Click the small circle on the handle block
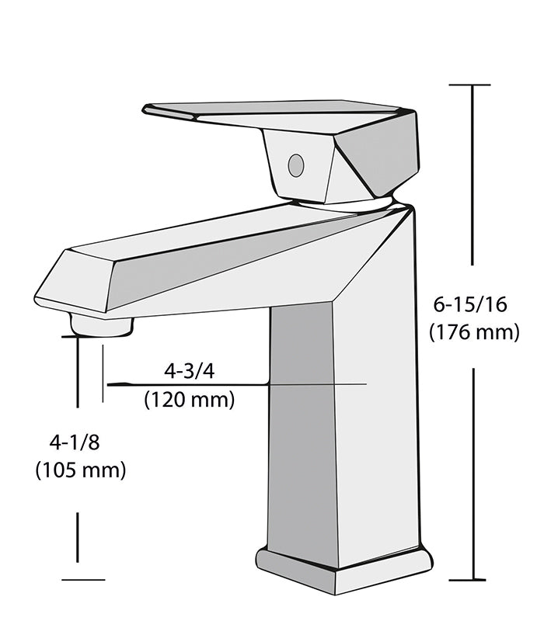pos(295,165)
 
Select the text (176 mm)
pos(474,332)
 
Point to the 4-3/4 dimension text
pos(189,371)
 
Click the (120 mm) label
pos(189,400)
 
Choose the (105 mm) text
pos(80,470)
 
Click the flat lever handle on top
pos(272,110)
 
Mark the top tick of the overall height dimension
pos(470,85)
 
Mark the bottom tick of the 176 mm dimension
pos(470,579)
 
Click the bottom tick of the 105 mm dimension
pos(82,579)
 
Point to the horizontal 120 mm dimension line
pos(233,384)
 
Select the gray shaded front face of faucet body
pos(303,427)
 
